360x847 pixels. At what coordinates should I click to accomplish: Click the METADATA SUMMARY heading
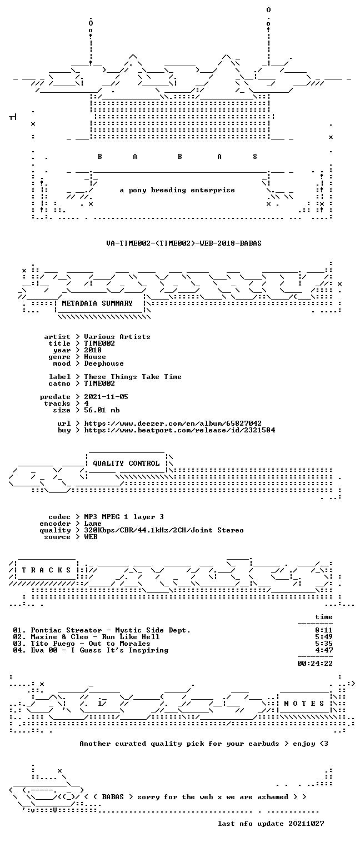point(97,303)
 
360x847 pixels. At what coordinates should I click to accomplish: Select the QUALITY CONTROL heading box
point(126,463)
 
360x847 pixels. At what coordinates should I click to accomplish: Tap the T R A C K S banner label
point(46,570)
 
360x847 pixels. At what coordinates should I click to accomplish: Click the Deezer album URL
point(173,423)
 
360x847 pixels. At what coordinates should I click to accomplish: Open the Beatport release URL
point(179,430)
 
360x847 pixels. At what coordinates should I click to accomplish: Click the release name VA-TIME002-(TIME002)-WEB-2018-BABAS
point(184,243)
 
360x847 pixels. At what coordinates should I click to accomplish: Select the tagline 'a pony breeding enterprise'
point(177,190)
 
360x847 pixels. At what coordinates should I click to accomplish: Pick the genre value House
point(95,357)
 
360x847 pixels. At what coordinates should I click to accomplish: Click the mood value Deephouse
point(104,364)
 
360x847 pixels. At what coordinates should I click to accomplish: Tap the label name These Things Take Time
point(133,377)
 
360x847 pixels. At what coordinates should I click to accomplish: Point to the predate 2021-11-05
point(106,397)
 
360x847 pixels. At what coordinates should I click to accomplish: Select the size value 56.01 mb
point(102,410)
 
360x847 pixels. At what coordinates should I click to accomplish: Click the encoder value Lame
point(93,524)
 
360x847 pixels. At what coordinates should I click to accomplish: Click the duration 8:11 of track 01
point(324,630)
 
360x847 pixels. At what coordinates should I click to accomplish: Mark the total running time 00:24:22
point(315,664)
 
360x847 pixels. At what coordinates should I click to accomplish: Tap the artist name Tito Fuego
point(53,644)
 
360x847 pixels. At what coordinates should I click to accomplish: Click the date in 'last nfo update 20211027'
point(306,824)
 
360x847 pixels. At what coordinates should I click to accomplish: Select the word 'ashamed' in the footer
point(273,797)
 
